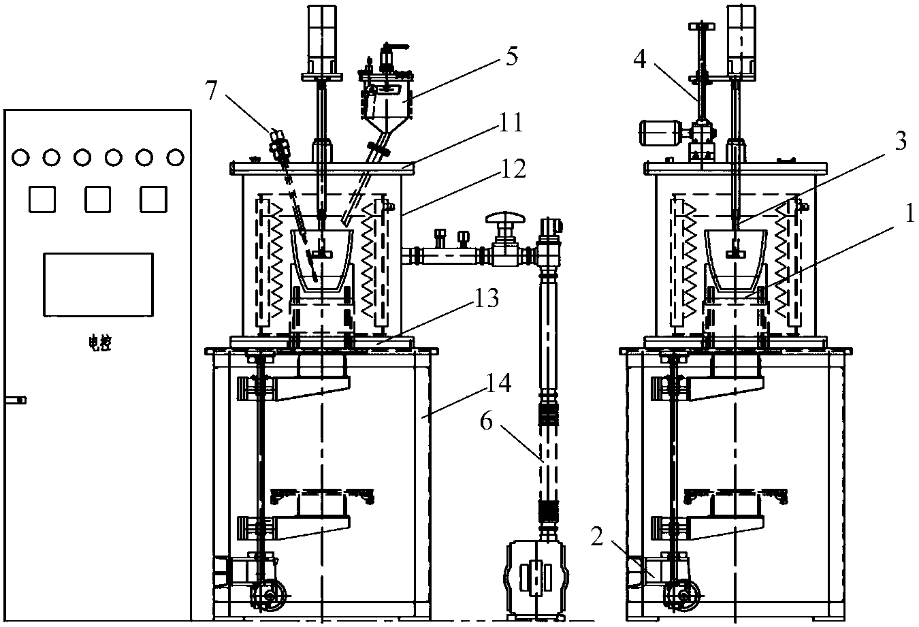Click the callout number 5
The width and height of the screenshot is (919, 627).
pyautogui.click(x=512, y=56)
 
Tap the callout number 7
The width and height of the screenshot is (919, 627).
pyautogui.click(x=211, y=91)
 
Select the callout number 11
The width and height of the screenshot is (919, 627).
pyautogui.click(x=511, y=123)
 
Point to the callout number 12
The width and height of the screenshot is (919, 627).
pyautogui.click(x=513, y=169)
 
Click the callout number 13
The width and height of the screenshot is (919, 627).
pyautogui.click(x=487, y=298)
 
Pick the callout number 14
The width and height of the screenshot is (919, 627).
pyautogui.click(x=499, y=383)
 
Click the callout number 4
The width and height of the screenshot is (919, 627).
pyautogui.click(x=640, y=59)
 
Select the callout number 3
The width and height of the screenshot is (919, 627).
pyautogui.click(x=901, y=142)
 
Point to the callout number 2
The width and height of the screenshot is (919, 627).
pyautogui.click(x=598, y=537)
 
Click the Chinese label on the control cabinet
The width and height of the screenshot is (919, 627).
pyautogui.click(x=100, y=344)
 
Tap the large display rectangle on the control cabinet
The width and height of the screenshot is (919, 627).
pyautogui.click(x=99, y=285)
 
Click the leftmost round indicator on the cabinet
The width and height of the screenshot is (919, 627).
pyautogui.click(x=20, y=157)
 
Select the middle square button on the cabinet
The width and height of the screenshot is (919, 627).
pyautogui.click(x=97, y=199)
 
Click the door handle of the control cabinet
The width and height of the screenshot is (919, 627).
pyautogui.click(x=16, y=400)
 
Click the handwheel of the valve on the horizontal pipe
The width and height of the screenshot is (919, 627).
pyautogui.click(x=505, y=217)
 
